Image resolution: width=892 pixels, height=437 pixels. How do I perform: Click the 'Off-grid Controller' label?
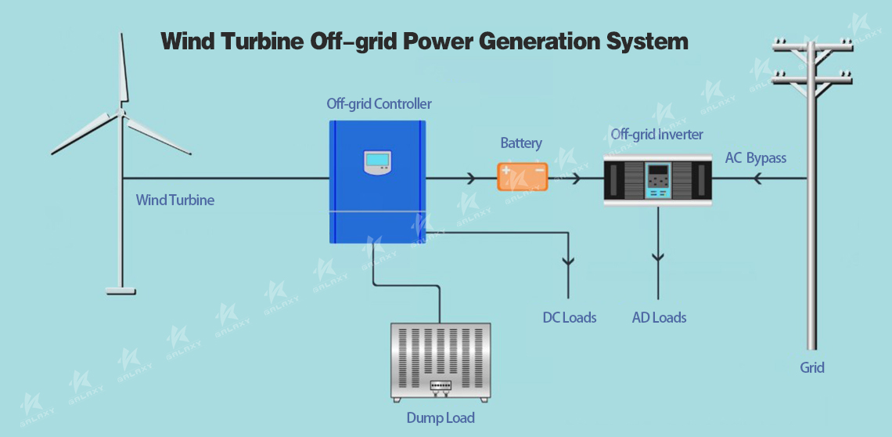(379, 104)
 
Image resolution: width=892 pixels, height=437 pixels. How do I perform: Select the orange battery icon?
(523, 176)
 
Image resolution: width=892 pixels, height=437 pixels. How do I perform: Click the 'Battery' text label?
(521, 143)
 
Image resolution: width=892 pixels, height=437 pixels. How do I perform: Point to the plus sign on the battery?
(506, 170)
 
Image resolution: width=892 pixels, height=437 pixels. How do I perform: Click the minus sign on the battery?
(539, 170)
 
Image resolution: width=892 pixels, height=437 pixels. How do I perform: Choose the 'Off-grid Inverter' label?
(656, 135)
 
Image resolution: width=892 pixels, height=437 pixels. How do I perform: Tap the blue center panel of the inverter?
(658, 181)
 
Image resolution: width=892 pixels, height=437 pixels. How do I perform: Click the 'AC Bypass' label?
(755, 158)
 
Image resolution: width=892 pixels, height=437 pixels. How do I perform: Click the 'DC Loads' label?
(570, 318)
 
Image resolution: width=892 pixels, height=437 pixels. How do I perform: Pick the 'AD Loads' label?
(659, 318)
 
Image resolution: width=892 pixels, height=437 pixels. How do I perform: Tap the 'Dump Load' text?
(440, 418)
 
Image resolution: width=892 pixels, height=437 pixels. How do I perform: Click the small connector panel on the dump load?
(440, 386)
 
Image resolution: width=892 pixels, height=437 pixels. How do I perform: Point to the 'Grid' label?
(811, 367)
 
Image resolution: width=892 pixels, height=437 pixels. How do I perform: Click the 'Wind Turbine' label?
(175, 200)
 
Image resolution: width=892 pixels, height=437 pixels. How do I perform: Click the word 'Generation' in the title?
(545, 41)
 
